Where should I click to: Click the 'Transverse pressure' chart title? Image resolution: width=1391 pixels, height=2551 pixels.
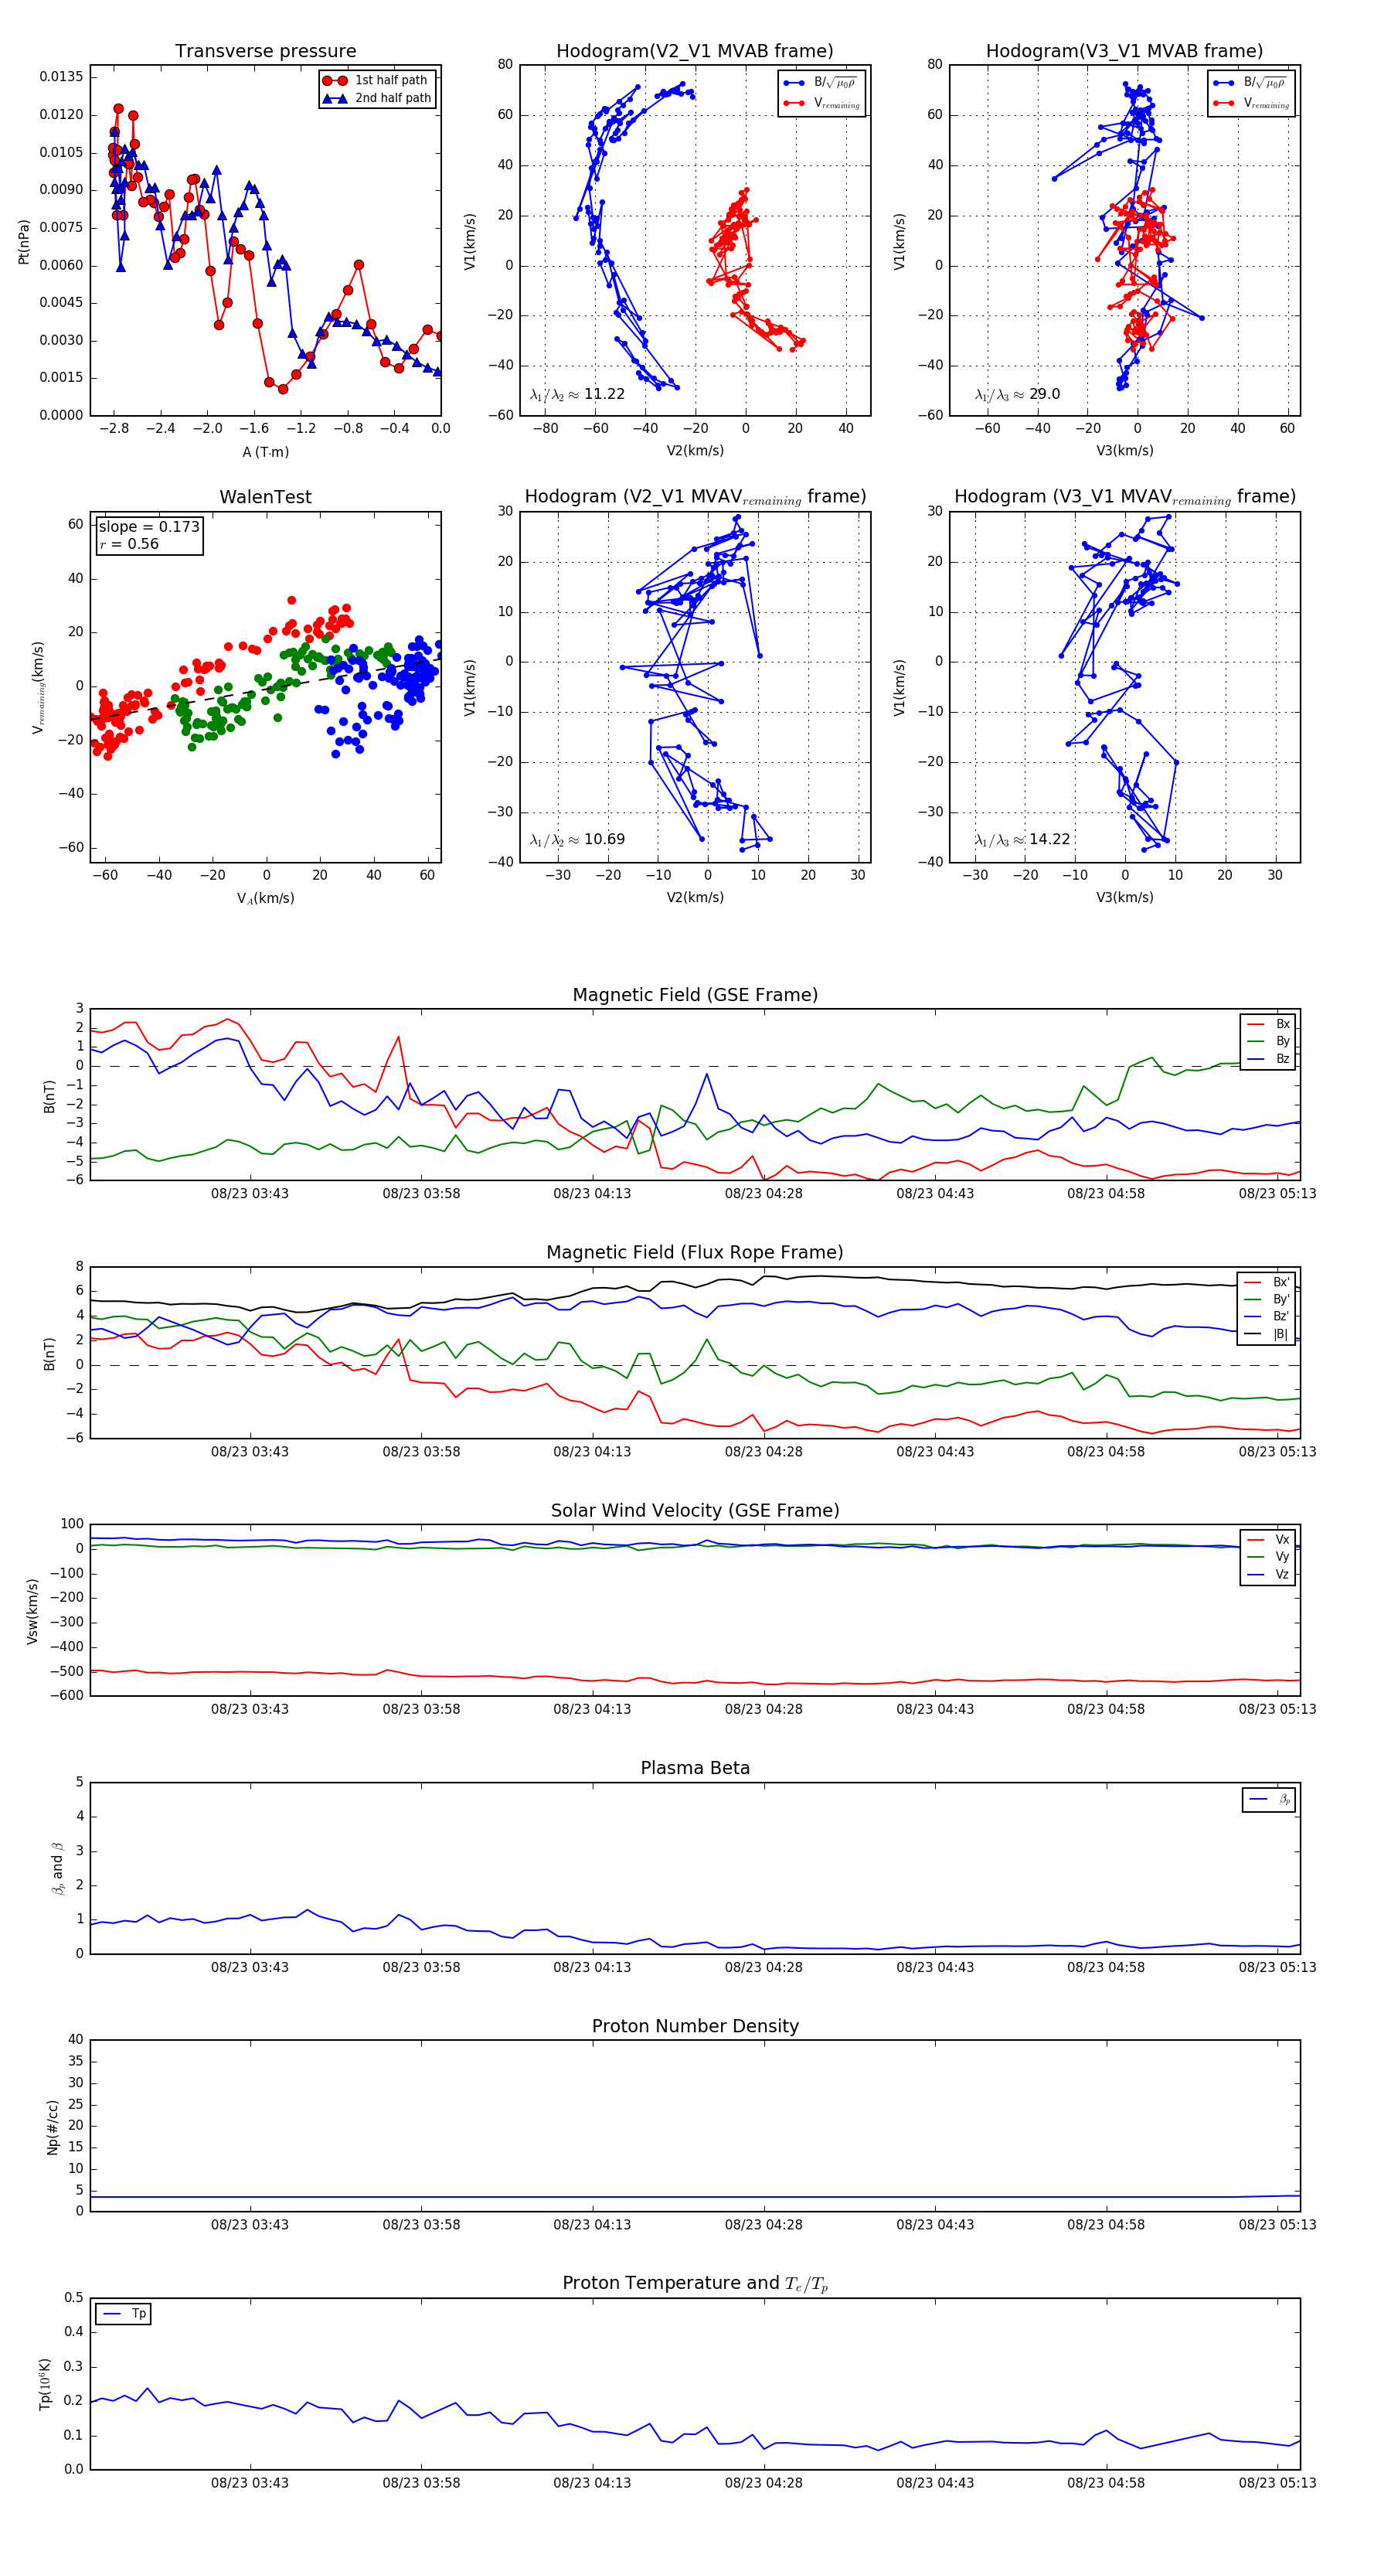pos(265,52)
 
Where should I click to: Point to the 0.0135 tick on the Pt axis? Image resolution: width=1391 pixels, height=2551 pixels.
pos(61,77)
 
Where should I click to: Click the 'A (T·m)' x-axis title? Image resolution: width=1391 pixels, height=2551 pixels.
pos(265,452)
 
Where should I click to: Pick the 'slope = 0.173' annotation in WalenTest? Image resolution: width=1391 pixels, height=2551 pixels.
pos(148,527)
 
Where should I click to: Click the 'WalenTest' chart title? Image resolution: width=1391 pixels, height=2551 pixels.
pos(265,497)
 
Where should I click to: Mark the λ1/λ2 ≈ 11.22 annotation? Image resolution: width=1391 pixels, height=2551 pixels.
pos(577,394)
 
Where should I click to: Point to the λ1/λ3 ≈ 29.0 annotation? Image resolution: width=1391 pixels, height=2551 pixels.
pos(1017,394)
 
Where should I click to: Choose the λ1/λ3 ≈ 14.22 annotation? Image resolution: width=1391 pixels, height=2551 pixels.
pos(1022,840)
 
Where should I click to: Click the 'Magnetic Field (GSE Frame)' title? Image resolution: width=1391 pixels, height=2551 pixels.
pos(695,995)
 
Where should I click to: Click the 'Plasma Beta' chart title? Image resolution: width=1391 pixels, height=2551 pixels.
pos(695,1769)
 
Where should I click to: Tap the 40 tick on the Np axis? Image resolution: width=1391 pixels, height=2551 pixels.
pos(75,2040)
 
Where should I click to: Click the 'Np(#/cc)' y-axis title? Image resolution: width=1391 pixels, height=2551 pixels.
pos(53,2127)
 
